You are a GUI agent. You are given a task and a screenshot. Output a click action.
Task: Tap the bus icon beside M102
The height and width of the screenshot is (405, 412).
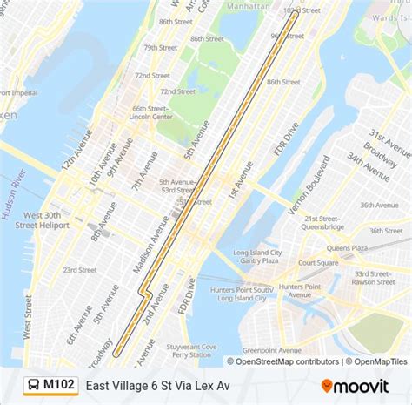pyautogui.click(x=32, y=384)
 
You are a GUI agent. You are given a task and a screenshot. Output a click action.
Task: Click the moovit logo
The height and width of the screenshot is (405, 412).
pyautogui.click(x=357, y=384)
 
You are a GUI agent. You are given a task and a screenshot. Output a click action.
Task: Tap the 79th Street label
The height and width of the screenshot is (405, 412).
pyautogui.click(x=161, y=48)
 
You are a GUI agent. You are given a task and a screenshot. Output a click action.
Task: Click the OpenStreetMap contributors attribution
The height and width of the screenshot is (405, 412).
pyautogui.click(x=282, y=361)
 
